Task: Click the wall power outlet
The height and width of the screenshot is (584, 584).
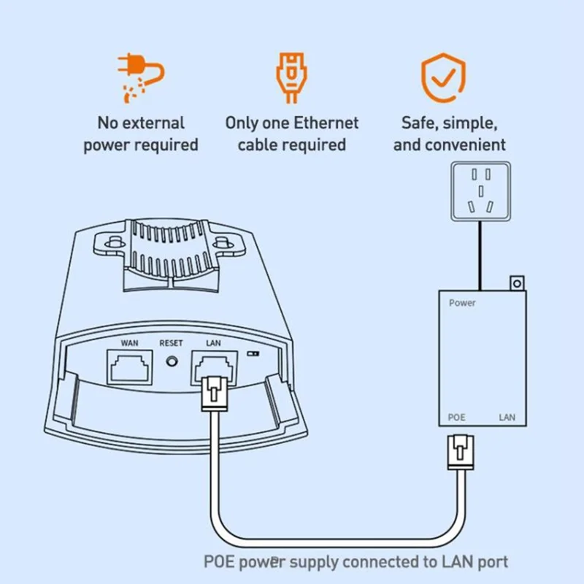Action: click(480, 192)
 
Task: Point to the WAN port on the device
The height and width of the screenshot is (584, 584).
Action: click(130, 366)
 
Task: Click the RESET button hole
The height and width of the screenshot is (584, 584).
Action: click(173, 361)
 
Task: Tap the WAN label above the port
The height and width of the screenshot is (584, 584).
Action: click(129, 342)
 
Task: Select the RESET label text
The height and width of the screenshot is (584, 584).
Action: click(172, 342)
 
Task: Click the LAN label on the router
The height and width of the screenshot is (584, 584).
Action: click(214, 342)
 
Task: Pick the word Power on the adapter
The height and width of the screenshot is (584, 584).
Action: click(462, 302)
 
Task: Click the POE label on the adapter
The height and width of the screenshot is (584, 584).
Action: click(457, 418)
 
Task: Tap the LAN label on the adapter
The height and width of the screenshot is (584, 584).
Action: click(507, 418)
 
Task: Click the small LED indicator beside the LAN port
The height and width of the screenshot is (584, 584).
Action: click(254, 353)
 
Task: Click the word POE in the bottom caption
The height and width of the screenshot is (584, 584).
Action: click(220, 561)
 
